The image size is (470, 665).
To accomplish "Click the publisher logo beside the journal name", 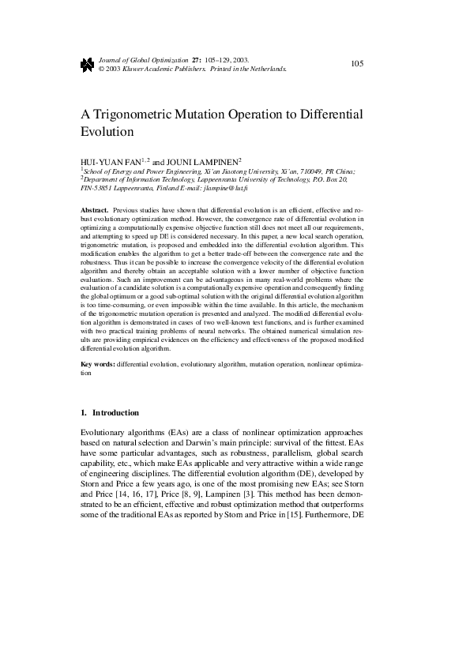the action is (87, 65).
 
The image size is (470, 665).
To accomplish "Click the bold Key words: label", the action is (98, 365).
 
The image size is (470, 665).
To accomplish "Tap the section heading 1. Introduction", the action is (110, 413).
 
